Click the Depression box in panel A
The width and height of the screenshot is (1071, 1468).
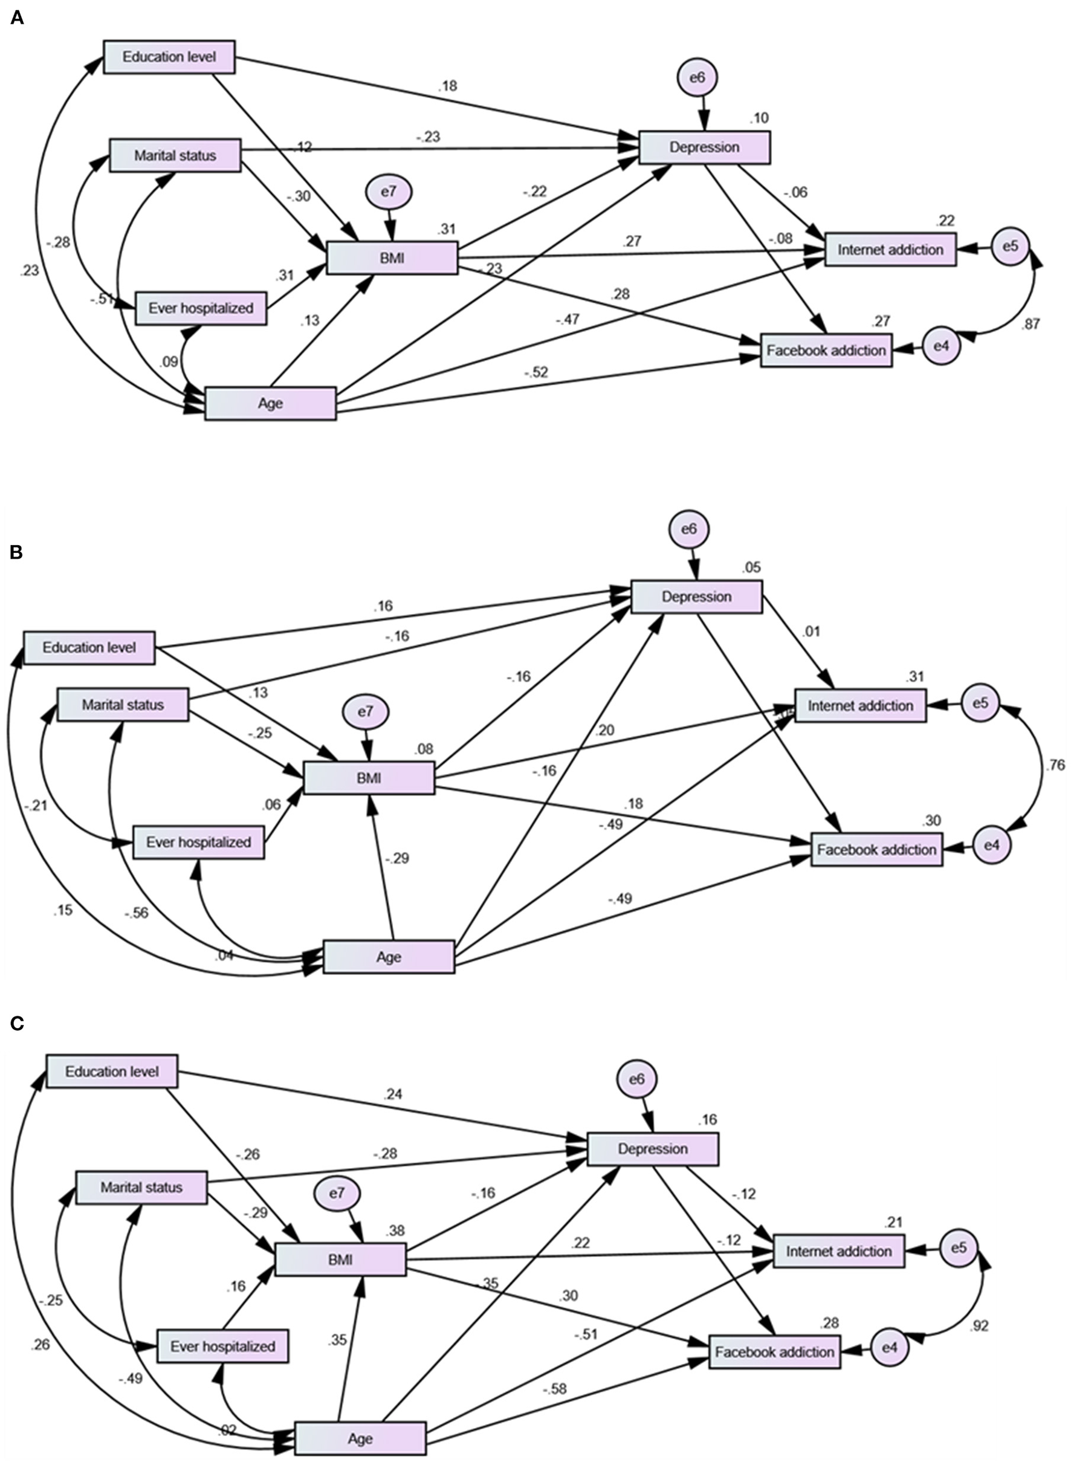[705, 148]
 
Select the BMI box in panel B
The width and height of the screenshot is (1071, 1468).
[369, 778]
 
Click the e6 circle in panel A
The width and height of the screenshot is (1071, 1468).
[697, 78]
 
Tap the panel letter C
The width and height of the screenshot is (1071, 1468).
[18, 1023]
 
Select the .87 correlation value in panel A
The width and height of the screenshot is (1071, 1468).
[1030, 324]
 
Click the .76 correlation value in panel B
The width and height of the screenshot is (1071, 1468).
[1055, 766]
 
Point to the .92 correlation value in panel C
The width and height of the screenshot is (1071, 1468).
[980, 1326]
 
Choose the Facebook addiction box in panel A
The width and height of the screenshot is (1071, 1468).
[826, 351]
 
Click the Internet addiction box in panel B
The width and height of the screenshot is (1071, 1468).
[860, 706]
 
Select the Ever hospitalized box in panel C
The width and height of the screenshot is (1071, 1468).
[222, 1346]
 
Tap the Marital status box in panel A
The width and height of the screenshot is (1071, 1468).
[175, 155]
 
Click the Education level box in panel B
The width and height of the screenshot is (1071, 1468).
[89, 647]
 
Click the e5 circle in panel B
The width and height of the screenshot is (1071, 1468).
[980, 702]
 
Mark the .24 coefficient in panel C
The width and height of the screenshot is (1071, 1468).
[393, 1094]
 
